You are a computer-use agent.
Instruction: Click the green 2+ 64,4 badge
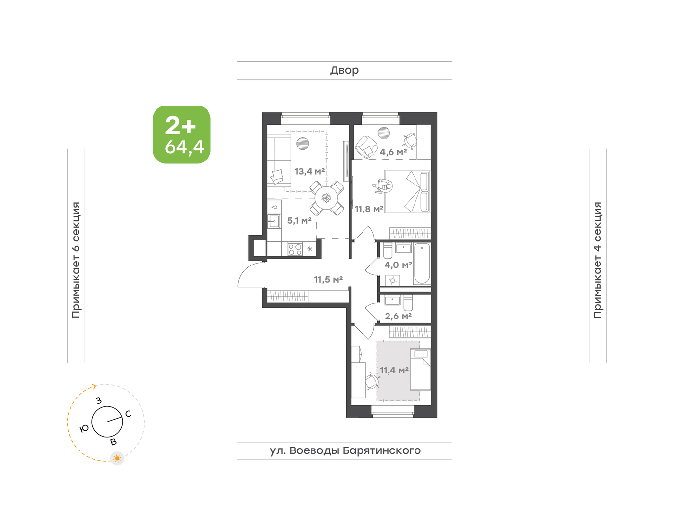(182, 134)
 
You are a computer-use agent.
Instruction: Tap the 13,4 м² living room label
(310, 171)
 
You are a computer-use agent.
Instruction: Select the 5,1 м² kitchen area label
(299, 220)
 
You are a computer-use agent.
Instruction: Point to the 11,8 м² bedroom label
(369, 209)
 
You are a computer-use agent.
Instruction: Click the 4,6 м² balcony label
(393, 152)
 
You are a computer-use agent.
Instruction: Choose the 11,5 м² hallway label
(328, 280)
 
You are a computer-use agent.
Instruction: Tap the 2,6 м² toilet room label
(398, 316)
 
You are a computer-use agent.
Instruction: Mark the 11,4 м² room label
(394, 371)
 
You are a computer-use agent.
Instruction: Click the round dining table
(327, 198)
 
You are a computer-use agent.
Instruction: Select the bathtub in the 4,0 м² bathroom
(422, 264)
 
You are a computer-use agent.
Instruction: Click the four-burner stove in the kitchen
(295, 249)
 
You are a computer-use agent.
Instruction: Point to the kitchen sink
(274, 221)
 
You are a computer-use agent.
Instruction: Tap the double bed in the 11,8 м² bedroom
(407, 191)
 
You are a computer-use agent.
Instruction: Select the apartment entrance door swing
(250, 275)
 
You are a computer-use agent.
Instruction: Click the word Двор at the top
(344, 71)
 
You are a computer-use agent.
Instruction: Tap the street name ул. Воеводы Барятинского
(345, 450)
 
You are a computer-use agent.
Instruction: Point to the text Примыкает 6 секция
(76, 260)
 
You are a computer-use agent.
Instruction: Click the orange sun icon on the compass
(117, 458)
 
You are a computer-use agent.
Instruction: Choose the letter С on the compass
(128, 414)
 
